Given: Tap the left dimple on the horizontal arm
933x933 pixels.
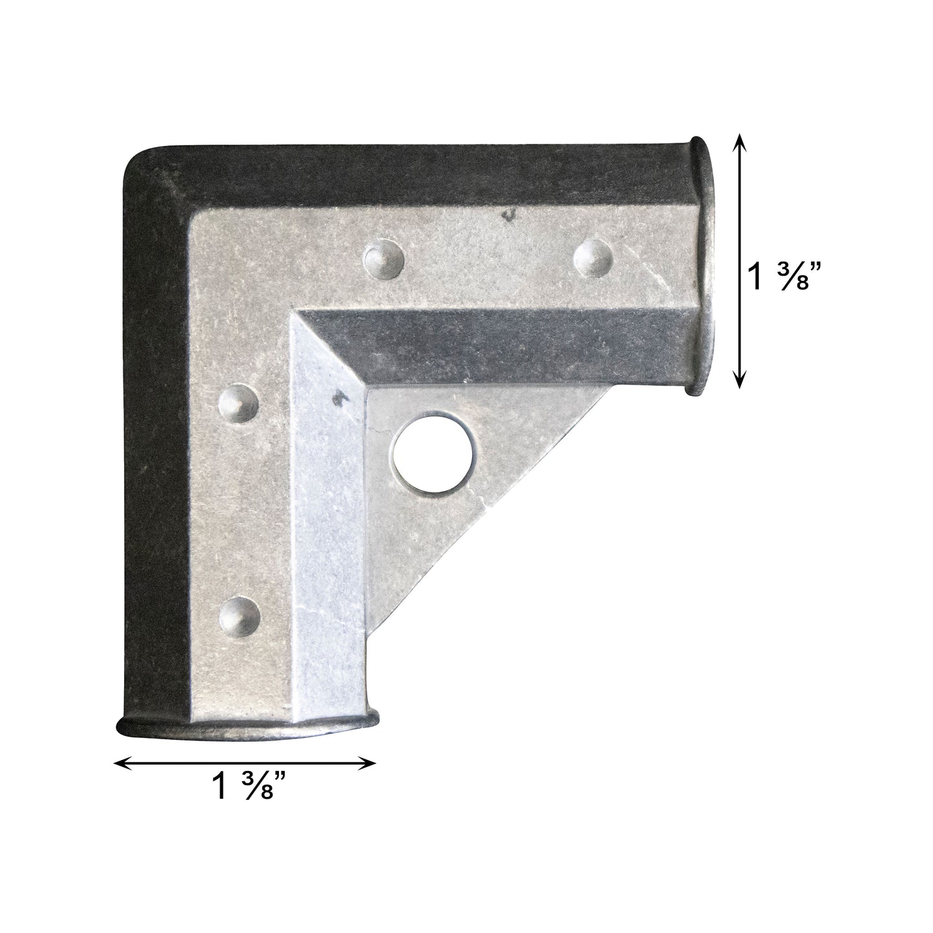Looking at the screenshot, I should (x=385, y=258).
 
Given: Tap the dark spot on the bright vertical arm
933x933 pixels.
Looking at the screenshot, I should (x=337, y=398).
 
